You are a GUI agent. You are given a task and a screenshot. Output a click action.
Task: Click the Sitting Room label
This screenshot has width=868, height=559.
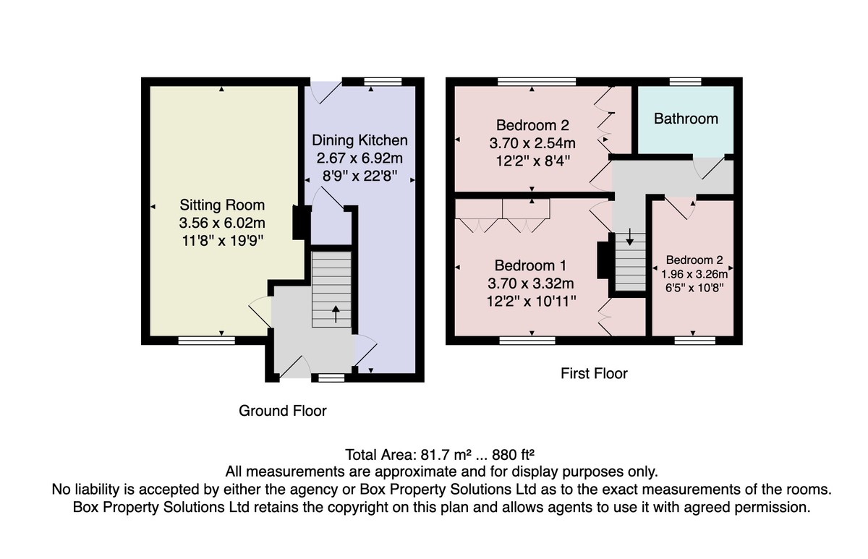click(x=222, y=205)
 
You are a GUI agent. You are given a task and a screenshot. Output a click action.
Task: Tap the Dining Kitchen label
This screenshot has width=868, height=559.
click(x=359, y=140)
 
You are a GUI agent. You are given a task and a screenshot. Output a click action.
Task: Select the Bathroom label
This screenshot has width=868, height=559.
click(x=686, y=119)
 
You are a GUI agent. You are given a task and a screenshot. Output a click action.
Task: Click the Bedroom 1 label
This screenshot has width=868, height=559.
click(x=530, y=265)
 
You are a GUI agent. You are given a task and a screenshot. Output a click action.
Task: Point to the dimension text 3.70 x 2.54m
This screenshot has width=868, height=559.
click(x=532, y=143)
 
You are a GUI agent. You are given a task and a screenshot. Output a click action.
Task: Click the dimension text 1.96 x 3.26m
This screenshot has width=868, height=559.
click(x=694, y=274)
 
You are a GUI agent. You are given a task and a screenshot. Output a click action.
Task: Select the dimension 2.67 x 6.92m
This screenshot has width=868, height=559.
click(x=359, y=158)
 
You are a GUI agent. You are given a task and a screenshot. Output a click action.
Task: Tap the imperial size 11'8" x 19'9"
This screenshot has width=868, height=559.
click(x=223, y=241)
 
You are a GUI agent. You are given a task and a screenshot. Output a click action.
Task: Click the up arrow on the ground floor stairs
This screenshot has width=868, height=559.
click(x=336, y=314)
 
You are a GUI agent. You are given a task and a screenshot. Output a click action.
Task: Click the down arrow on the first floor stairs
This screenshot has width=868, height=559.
click(x=630, y=236)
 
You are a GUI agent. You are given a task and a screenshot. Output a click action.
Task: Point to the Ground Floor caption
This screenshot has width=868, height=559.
click(x=283, y=411)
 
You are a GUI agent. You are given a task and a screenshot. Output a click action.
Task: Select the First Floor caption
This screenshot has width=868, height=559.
click(x=594, y=373)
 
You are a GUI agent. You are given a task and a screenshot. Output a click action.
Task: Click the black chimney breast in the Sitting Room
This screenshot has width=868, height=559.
click(x=302, y=223)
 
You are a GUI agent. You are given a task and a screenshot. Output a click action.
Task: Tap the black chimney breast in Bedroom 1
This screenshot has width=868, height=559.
click(x=603, y=260)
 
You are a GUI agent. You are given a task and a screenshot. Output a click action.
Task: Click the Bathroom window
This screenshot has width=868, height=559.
click(x=686, y=81)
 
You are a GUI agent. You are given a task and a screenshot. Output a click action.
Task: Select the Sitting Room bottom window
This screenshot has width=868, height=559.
click(x=207, y=340)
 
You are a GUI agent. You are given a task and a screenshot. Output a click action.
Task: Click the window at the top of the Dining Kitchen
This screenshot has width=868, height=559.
click(x=383, y=81)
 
